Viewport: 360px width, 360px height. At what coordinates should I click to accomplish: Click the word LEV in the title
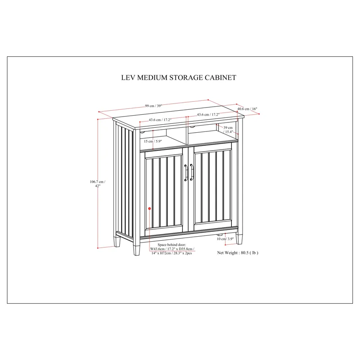pos(117,77)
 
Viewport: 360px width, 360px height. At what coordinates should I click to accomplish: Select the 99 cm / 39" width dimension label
pos(153,106)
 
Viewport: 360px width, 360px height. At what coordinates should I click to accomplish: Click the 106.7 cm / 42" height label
pos(98,184)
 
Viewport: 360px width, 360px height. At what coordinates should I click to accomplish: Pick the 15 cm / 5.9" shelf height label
pos(152,141)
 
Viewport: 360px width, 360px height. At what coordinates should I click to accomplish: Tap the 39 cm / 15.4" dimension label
pos(228,130)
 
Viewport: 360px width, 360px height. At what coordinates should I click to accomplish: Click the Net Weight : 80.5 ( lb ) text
pos(238,253)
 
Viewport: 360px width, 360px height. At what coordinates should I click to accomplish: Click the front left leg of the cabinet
pos(136,248)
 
